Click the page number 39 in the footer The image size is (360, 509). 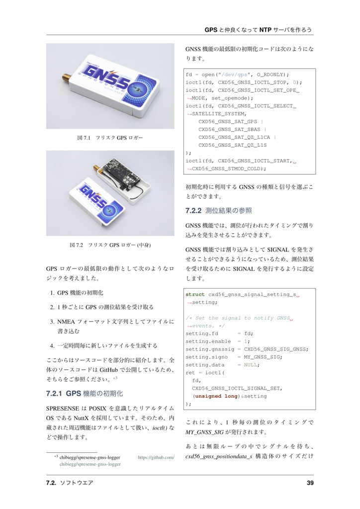pos(310,483)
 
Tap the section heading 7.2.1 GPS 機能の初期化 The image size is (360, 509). pos(84,394)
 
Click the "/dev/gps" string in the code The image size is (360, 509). pos(236,74)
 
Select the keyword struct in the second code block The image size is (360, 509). pos(195,294)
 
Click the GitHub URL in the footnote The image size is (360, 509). pos(156,457)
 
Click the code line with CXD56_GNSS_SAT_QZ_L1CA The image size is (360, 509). pos(237,137)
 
